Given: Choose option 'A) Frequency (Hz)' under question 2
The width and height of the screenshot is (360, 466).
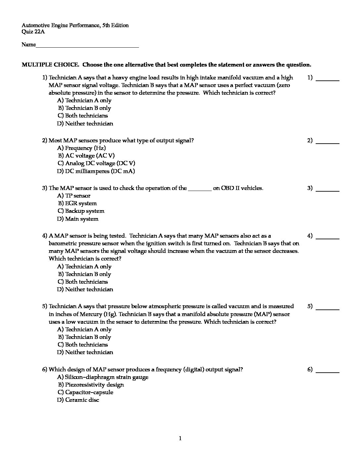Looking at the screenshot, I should tap(81, 148).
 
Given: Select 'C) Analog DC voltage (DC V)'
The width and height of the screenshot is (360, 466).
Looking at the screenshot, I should tap(96, 163).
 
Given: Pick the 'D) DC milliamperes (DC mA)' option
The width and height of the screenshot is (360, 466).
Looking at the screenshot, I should tap(96, 171).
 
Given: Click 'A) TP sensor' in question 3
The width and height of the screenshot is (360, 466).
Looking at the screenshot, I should tap(74, 196).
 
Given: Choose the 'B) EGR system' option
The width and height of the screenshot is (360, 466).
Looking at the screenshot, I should tap(77, 203).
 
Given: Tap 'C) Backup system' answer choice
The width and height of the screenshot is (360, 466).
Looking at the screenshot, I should tap(81, 211).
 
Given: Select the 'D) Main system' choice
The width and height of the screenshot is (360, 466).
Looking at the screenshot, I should tap(78, 219).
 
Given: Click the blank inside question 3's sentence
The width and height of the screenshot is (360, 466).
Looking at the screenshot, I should tap(200, 189).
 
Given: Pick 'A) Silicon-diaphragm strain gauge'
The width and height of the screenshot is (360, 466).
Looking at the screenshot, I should tap(103, 377).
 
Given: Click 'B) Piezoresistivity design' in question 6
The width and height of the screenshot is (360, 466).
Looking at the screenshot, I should tap(91, 385).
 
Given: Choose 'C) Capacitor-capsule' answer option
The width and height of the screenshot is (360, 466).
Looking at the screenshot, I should tap(85, 392).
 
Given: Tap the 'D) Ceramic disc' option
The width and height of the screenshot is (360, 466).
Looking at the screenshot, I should tap(78, 400).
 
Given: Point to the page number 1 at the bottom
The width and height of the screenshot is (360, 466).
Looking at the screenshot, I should tap(180, 439).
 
